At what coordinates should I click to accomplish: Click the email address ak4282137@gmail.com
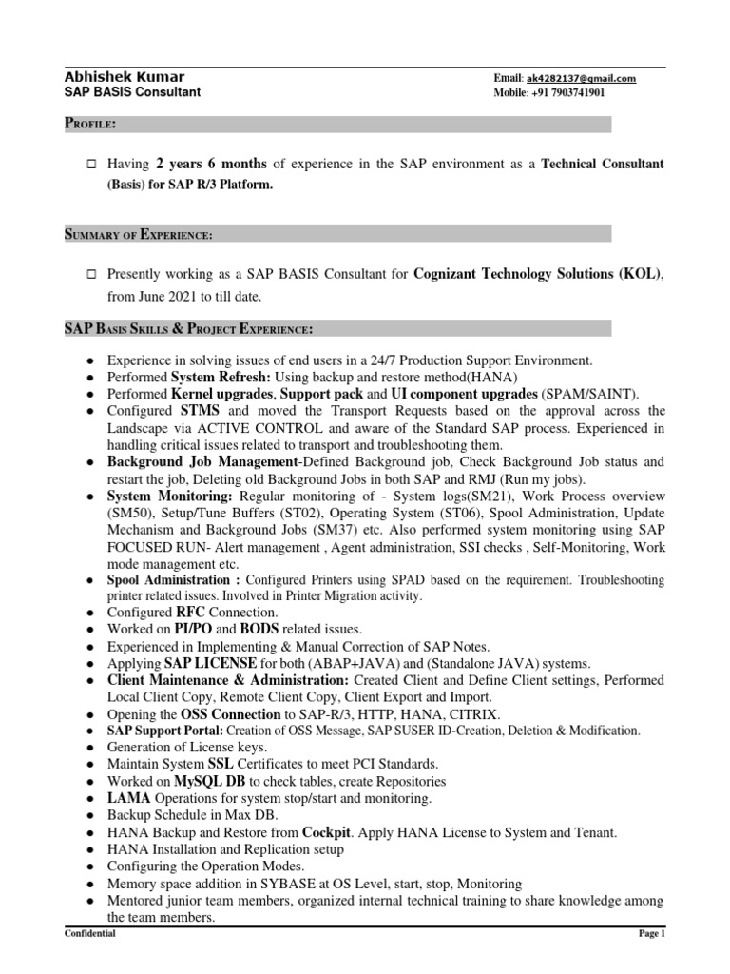[581, 79]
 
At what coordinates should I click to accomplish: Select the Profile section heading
[90, 124]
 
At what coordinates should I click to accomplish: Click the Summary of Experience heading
[138, 233]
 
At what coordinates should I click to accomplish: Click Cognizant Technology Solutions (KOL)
[537, 274]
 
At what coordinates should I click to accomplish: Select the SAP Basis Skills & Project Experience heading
[187, 329]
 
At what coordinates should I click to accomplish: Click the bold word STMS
[200, 410]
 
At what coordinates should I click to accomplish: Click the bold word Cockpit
[332, 831]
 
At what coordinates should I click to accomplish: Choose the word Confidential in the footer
[90, 935]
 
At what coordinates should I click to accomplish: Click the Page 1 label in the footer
[650, 935]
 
